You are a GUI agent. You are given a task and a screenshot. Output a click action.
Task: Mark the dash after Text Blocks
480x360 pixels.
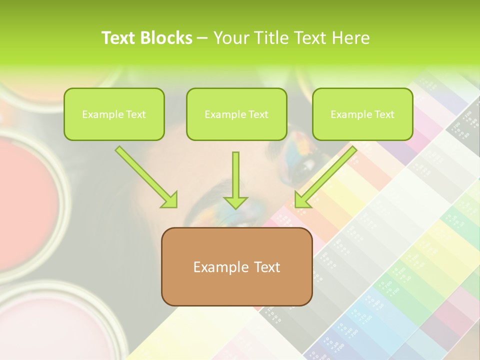(202, 39)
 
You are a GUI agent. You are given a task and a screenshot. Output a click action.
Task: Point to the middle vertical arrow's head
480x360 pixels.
(235, 202)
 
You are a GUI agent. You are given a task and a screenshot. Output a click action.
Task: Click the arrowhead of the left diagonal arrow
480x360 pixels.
(170, 200)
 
